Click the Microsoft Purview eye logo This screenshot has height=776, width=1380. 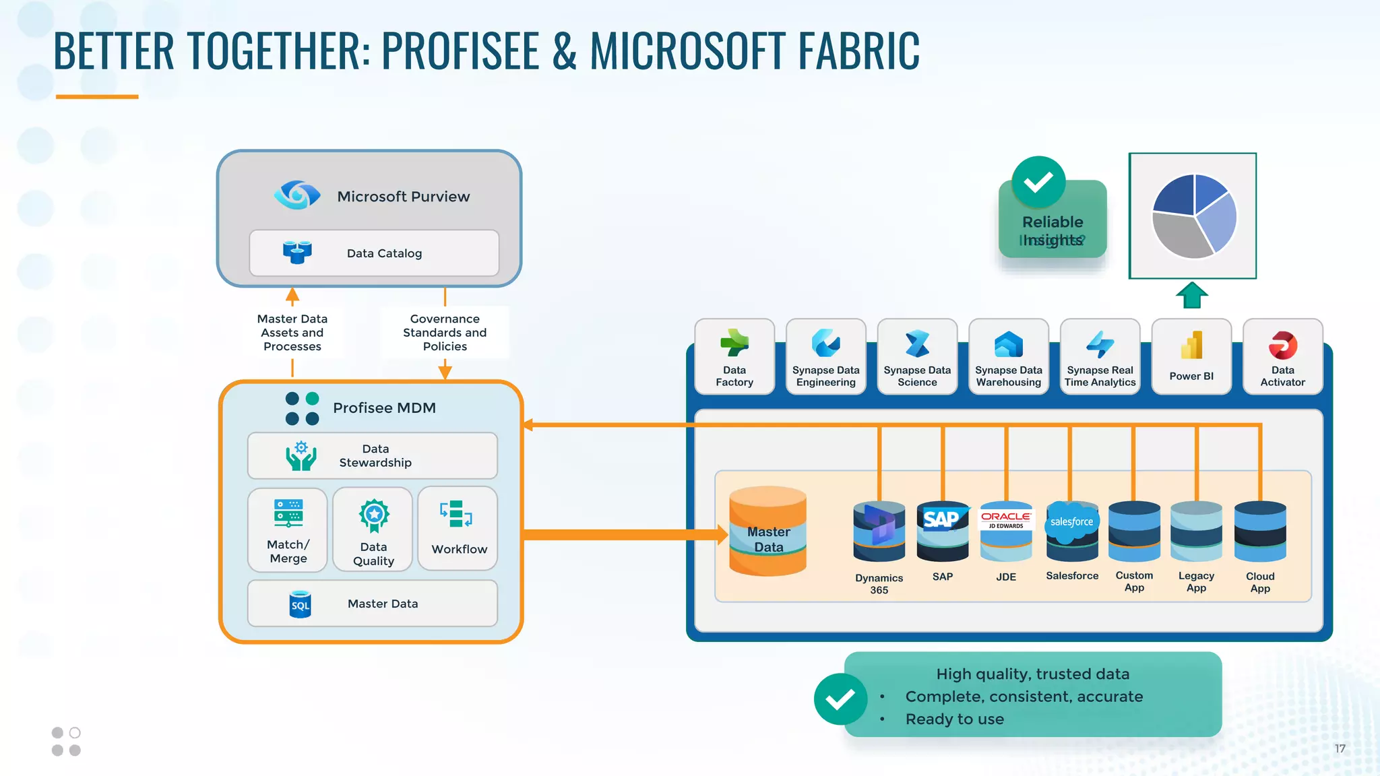click(296, 195)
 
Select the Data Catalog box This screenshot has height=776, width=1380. click(374, 253)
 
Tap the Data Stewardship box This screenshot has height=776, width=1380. click(373, 456)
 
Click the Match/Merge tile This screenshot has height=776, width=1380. click(288, 530)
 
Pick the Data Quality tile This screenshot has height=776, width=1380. click(373, 530)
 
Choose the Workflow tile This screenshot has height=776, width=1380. click(458, 529)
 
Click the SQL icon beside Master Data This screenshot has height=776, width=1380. click(300, 604)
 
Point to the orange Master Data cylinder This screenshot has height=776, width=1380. click(768, 531)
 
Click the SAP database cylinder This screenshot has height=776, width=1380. click(942, 532)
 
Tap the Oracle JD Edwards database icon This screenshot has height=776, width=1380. click(1005, 532)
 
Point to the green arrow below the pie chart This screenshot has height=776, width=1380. click(1191, 295)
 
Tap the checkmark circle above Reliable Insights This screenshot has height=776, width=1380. click(1038, 182)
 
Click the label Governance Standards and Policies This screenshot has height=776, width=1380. click(445, 333)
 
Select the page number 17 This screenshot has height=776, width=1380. click(1340, 748)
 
